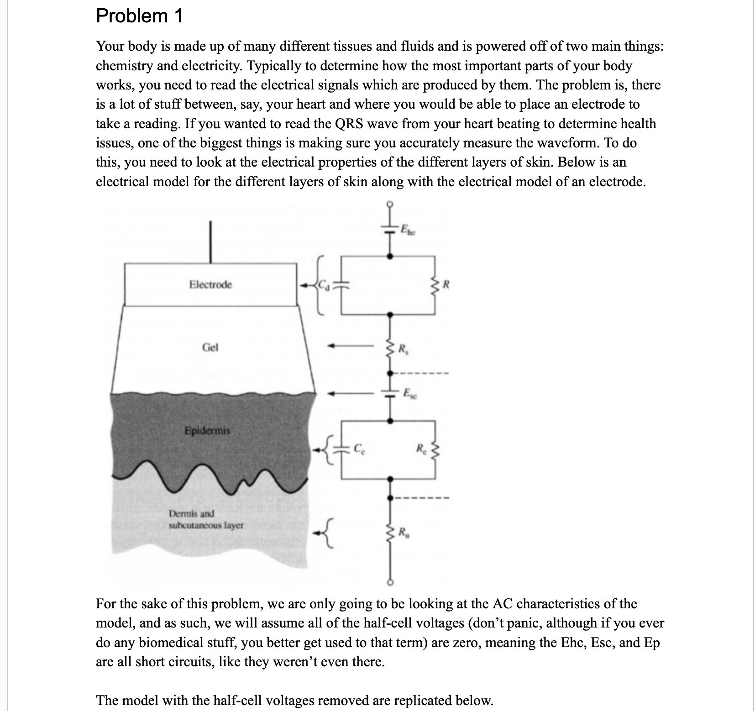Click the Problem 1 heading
[x=139, y=16]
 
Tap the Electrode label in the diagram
[x=210, y=285]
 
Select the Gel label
[x=210, y=347]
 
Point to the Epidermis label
[x=207, y=430]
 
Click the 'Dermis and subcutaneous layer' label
[x=206, y=519]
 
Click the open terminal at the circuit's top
[x=389, y=204]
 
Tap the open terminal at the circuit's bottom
[x=389, y=583]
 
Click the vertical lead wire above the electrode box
[x=210, y=242]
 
